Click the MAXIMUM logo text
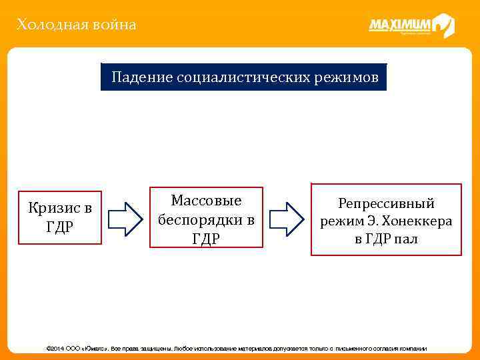(x=400, y=25)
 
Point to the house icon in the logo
(x=443, y=25)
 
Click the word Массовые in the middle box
(x=206, y=201)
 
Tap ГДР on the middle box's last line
(x=206, y=238)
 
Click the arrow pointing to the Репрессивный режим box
(x=287, y=218)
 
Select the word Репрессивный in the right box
(x=386, y=203)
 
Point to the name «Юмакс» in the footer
(x=95, y=349)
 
